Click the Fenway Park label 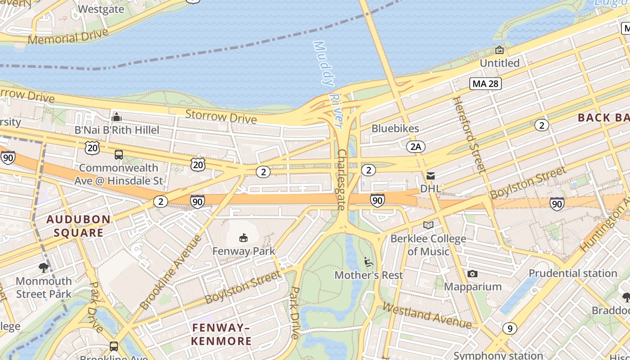pos(243,251)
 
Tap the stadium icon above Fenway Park pos(243,237)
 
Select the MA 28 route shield pos(486,83)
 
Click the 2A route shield pos(415,146)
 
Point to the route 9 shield pos(509,329)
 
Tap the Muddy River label pos(329,83)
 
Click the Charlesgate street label pos(342,180)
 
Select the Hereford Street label pos(469,135)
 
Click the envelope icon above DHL pos(431,175)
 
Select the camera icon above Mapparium pos(472,274)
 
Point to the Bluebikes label pos(395,129)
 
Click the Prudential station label pos(572,273)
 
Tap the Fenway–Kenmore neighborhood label pos(221,334)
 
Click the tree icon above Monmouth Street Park pos(44,268)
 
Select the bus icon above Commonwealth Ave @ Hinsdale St pos(118,155)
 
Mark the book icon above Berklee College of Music pos(428,225)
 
